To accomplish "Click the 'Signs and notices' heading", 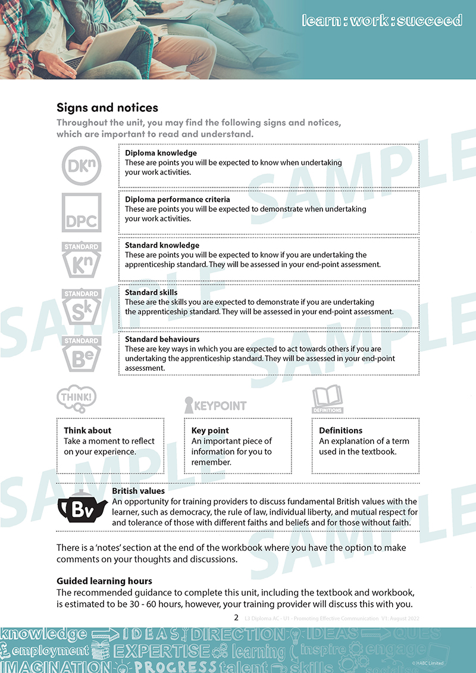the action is pyautogui.click(x=107, y=108).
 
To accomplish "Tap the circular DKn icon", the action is pyautogui.click(x=82, y=165).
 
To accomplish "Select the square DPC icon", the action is pyautogui.click(x=82, y=212).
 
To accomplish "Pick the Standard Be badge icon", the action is pyautogui.click(x=82, y=353).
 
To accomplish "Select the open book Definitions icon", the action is pyautogui.click(x=327, y=399).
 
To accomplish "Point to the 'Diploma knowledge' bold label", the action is pyautogui.click(x=161, y=153).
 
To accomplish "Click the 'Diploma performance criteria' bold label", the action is pyautogui.click(x=177, y=199).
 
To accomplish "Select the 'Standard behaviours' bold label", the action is pyautogui.click(x=162, y=339).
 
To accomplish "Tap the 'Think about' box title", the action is pyautogui.click(x=87, y=430).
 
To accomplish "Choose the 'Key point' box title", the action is pyautogui.click(x=210, y=430).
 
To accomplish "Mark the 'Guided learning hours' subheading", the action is pyautogui.click(x=104, y=581).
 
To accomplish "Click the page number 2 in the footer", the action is pyautogui.click(x=236, y=618).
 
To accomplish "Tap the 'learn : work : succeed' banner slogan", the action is pyautogui.click(x=382, y=21).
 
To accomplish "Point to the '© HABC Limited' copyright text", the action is pyautogui.click(x=428, y=663).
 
